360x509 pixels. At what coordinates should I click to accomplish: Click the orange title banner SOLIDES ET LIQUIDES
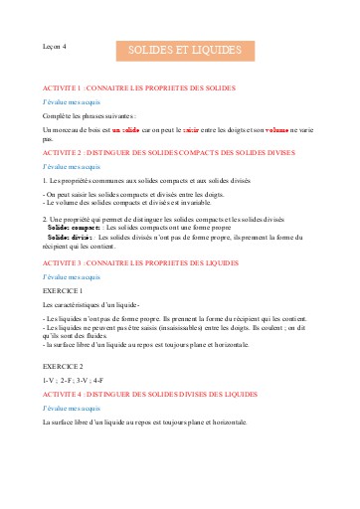pyautogui.click(x=185, y=49)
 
